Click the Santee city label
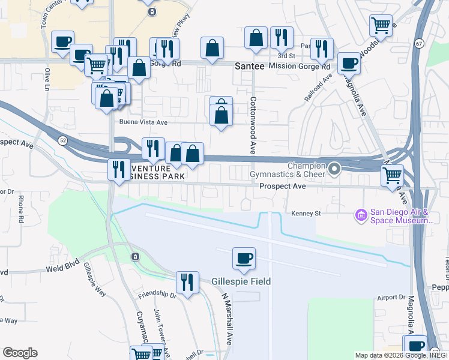tap(249, 67)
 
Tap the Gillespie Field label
tap(241, 281)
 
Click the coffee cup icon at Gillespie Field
tap(244, 259)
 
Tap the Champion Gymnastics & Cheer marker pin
tap(335, 169)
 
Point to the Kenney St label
tap(306, 213)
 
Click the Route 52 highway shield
tap(63, 140)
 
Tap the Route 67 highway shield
tap(418, 43)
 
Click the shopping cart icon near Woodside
tap(381, 26)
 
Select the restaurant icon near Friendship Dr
tap(187, 282)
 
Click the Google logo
tap(20, 353)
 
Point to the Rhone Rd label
tap(20, 208)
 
